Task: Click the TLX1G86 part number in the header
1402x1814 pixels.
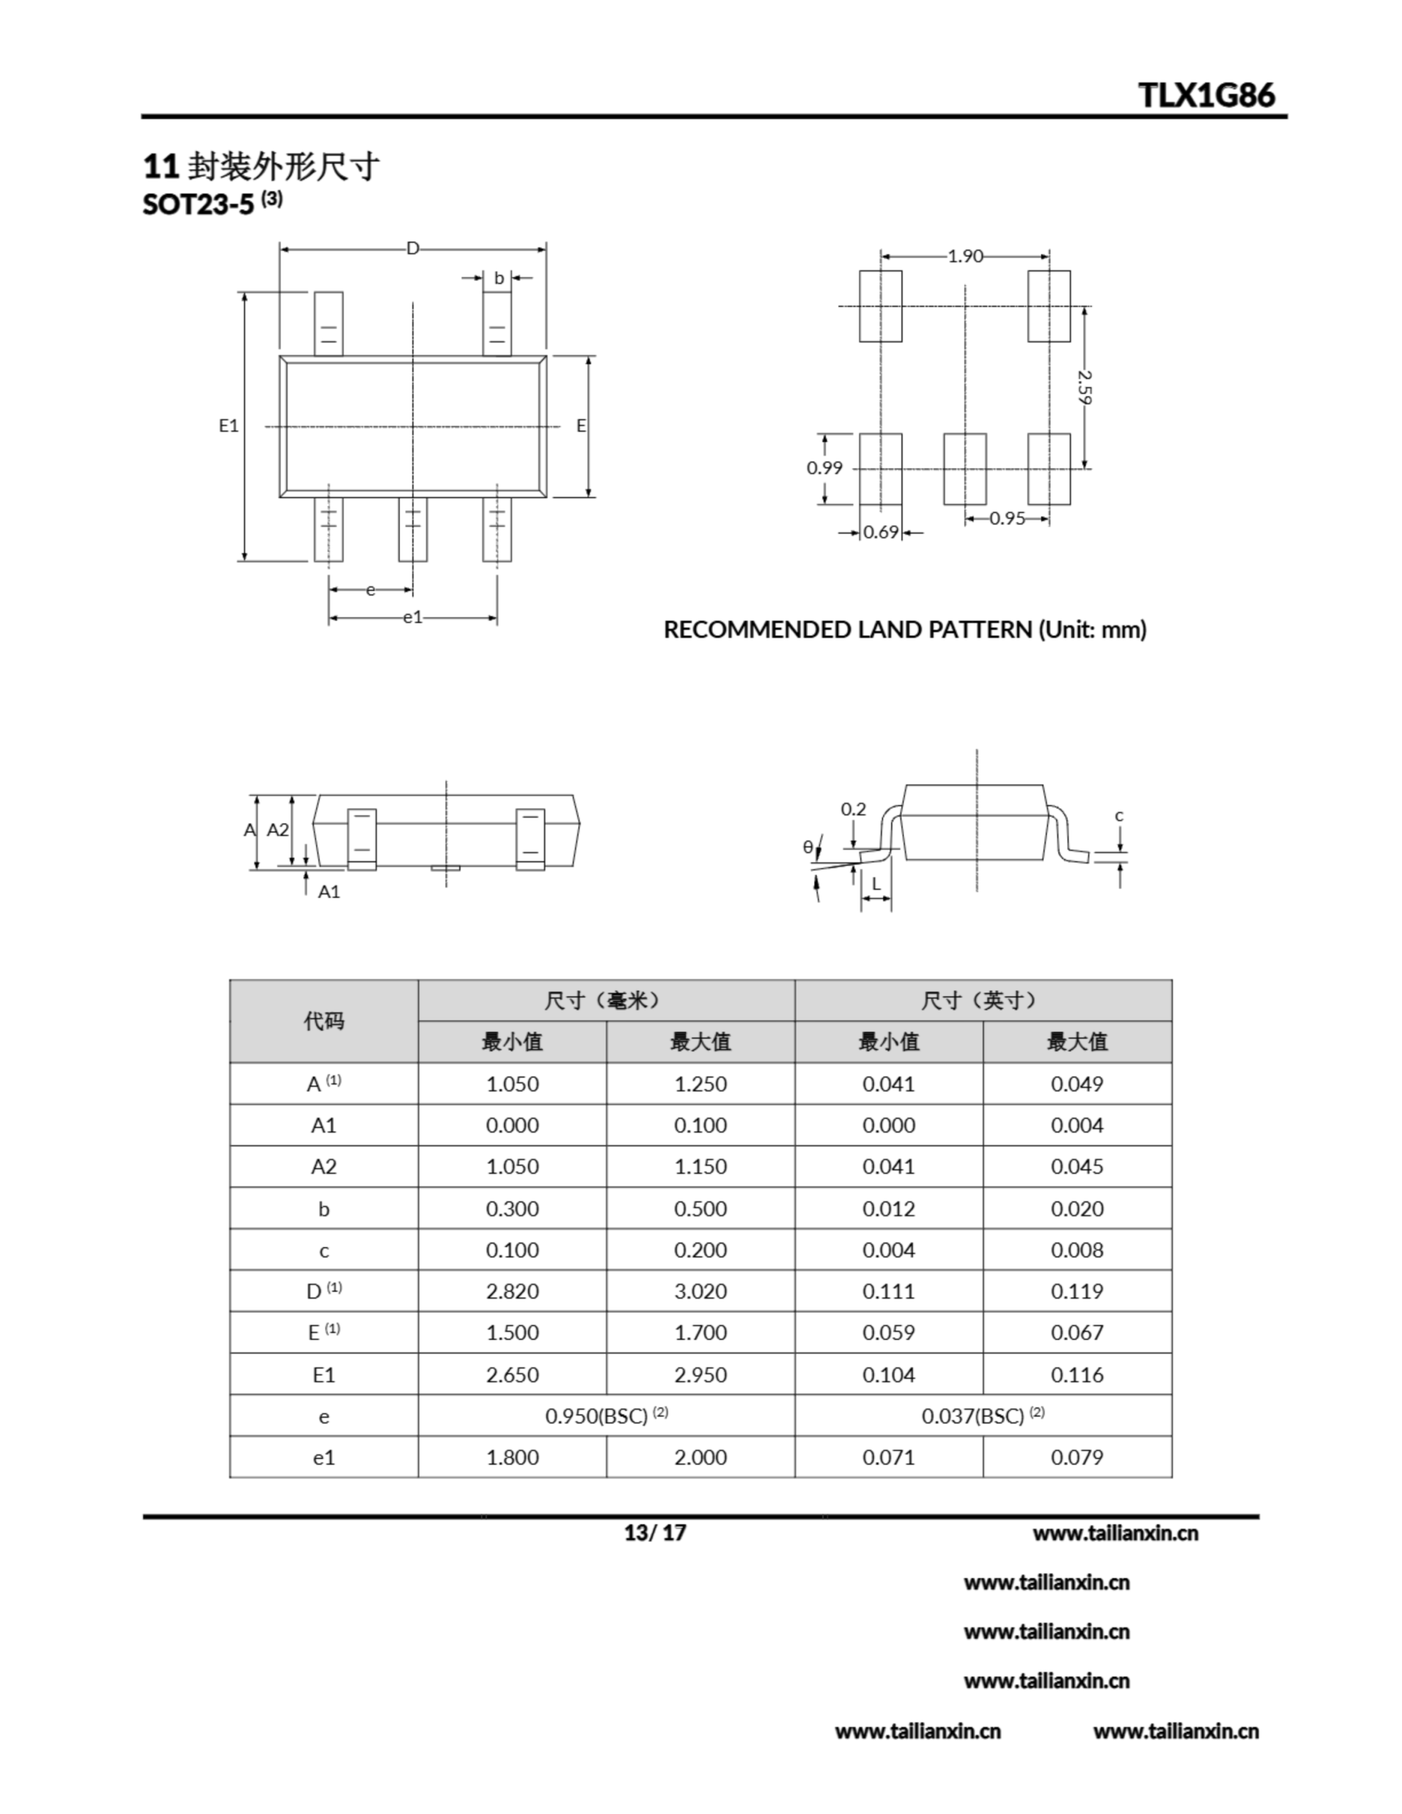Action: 1206,95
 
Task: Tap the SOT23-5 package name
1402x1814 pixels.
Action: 198,204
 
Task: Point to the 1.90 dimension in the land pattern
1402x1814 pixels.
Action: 965,257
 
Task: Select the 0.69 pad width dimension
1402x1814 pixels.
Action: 881,532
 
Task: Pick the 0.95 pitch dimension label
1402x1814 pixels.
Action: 1007,518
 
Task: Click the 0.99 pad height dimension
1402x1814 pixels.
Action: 824,468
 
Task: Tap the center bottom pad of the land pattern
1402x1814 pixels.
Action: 965,468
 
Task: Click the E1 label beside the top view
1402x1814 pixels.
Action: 228,426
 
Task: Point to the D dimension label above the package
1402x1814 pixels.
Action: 413,248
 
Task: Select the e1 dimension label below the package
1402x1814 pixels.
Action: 413,617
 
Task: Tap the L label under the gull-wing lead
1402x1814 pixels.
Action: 876,884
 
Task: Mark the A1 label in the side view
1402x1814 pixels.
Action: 329,892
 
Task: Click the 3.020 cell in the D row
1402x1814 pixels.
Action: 700,1292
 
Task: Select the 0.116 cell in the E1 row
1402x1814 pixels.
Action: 1077,1375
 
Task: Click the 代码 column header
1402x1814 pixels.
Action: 323,1021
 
